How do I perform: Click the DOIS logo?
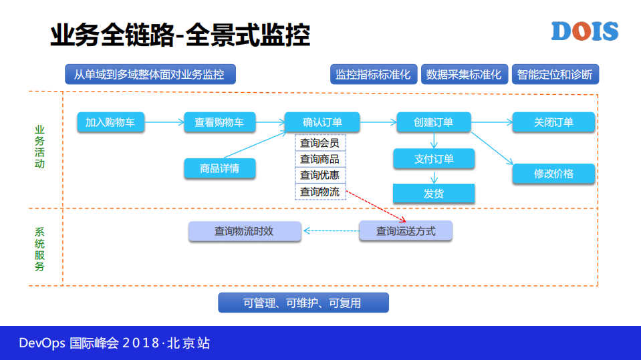tap(584, 31)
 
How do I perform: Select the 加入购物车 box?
tap(110, 122)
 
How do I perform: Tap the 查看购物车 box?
tap(219, 122)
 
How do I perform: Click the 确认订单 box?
tap(322, 122)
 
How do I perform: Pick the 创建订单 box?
tap(433, 122)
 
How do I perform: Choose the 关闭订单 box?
tap(553, 122)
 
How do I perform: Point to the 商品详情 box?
tap(219, 168)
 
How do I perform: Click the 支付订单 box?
tap(433, 159)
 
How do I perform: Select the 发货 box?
tap(433, 194)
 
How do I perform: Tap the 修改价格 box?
tap(553, 174)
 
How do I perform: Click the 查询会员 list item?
tap(320, 143)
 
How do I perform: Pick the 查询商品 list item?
tap(320, 159)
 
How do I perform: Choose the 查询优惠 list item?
tap(320, 176)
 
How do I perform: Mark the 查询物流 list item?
tap(320, 192)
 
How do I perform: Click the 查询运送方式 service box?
tap(406, 231)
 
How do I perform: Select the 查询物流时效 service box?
tap(244, 231)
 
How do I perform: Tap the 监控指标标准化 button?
tap(373, 74)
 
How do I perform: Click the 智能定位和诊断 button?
tap(555, 74)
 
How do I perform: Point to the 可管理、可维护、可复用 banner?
tap(303, 303)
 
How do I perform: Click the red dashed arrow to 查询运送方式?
tap(374, 208)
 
